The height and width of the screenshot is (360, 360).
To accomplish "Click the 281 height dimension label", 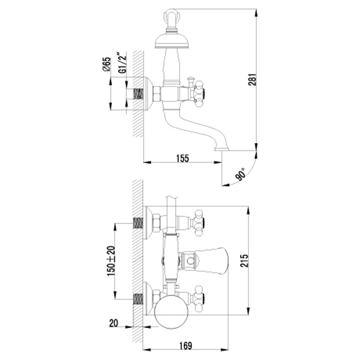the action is pos(252,80).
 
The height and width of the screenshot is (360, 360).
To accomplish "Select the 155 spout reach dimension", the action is pos(183,158).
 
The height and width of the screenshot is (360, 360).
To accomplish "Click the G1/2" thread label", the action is pos(123,63).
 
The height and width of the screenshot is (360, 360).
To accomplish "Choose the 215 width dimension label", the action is pos(245,261).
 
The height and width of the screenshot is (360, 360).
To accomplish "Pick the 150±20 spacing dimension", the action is pos(111,261).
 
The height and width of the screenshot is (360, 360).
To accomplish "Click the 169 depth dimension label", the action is pos(185,346).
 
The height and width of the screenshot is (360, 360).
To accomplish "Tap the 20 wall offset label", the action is pos(113,323).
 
